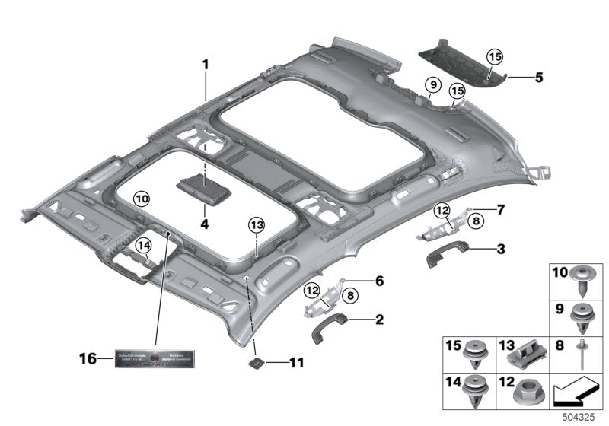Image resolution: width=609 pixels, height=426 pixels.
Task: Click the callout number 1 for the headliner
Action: [x=205, y=65]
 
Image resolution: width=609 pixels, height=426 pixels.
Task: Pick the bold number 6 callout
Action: [x=378, y=280]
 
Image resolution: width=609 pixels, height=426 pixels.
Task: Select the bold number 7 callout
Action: [x=500, y=208]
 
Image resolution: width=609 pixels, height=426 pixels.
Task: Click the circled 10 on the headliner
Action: [x=142, y=198]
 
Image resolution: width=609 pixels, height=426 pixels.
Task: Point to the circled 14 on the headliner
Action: [x=142, y=244]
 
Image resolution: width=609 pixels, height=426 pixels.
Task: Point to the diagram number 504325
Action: [x=578, y=418]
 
